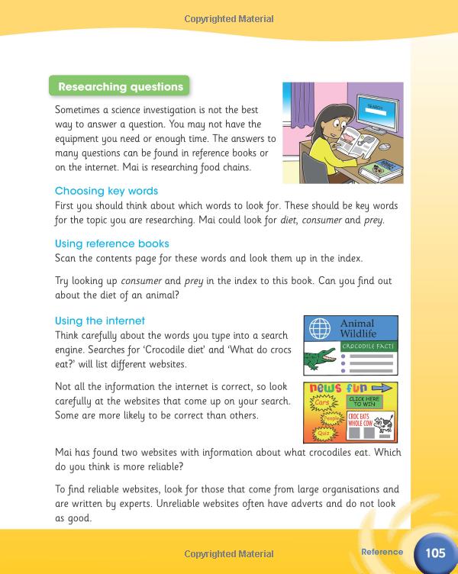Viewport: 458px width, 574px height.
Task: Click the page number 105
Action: (436, 552)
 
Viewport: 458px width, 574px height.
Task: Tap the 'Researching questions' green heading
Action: (121, 86)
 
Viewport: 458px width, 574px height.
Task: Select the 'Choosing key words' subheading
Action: (106, 191)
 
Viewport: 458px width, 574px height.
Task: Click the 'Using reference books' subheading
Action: (112, 244)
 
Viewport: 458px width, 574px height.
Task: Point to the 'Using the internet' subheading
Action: (100, 321)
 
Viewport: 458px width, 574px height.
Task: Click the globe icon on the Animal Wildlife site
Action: (319, 330)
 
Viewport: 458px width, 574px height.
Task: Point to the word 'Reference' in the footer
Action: (382, 552)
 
